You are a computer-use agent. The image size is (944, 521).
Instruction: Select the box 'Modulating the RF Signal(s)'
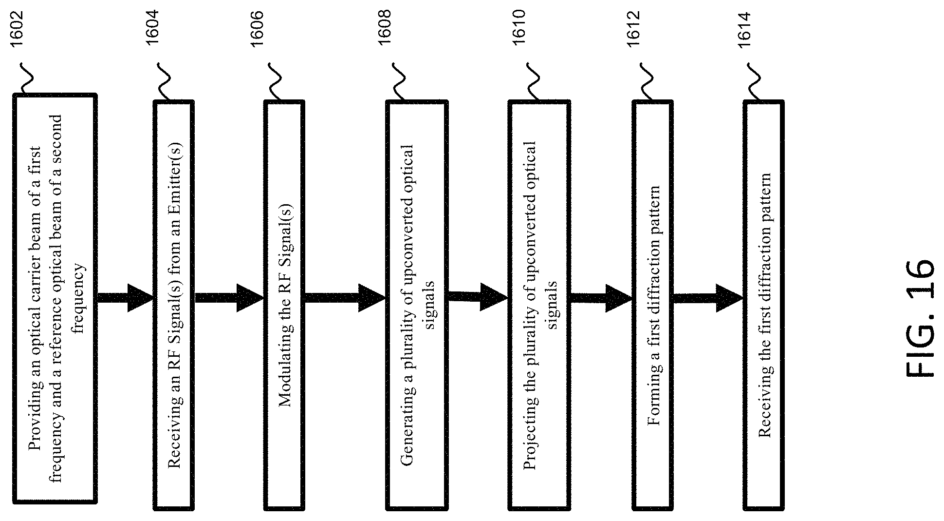tap(284, 306)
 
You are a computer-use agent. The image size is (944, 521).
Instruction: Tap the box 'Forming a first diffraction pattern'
tap(652, 306)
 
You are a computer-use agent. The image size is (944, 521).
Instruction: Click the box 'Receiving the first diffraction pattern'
tap(764, 306)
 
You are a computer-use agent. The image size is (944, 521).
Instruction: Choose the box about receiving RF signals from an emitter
tap(174, 306)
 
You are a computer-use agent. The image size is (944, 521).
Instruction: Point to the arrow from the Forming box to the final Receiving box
tap(708, 298)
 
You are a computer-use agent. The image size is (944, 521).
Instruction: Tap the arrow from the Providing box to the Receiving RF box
tap(125, 298)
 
